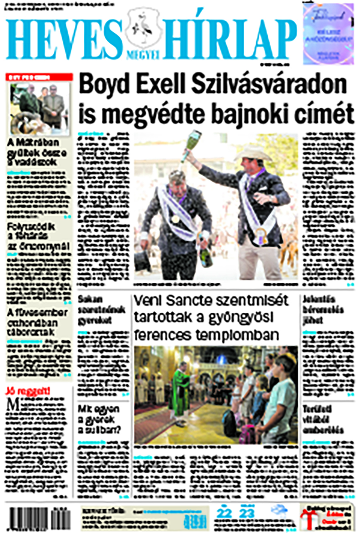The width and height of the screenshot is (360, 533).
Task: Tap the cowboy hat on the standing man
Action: point(253,153)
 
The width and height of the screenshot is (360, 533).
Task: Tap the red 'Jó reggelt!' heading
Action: point(27,391)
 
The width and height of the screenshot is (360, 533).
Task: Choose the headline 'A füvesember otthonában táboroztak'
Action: point(37,322)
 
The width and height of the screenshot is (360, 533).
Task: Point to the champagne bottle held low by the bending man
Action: point(206,254)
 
